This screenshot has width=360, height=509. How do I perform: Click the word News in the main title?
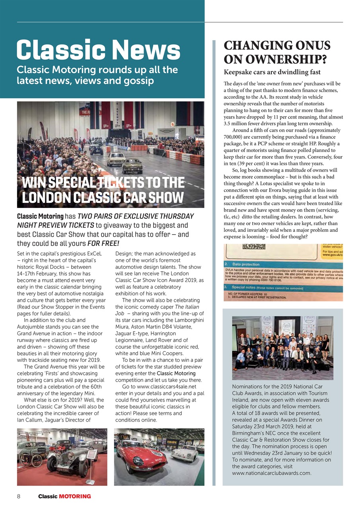pos(147,51)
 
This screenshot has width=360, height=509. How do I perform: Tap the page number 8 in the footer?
pos(19,496)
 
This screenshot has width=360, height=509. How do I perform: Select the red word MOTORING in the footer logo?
pos(75,496)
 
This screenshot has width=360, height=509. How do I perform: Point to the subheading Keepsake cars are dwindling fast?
pos(272,72)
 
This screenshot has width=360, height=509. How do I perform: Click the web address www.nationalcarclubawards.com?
pos(271,473)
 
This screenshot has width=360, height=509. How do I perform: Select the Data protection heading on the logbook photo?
pos(245,264)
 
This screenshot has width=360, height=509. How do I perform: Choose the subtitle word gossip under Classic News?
pos(134,81)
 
